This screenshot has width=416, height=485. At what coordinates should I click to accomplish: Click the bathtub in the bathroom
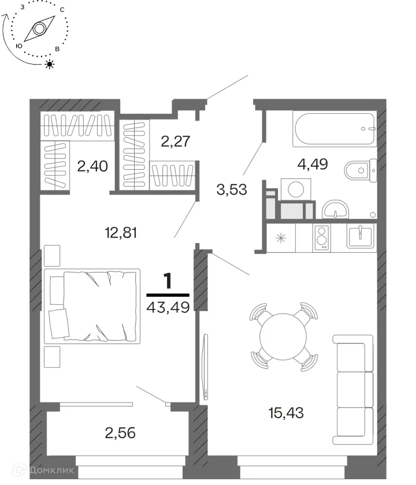tap(335, 129)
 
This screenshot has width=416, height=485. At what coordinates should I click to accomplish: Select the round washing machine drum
tap(296, 189)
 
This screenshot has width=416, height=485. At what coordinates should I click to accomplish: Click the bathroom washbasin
tap(336, 210)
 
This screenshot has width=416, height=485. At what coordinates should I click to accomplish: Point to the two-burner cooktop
tap(322, 237)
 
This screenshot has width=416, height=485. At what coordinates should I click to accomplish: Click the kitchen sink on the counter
tap(360, 236)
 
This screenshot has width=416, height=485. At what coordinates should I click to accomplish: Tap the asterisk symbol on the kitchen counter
tap(281, 238)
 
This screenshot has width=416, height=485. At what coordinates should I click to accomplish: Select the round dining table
tap(283, 337)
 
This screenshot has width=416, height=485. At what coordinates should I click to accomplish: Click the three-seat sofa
tap(353, 390)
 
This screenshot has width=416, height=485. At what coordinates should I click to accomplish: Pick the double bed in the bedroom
tap(92, 306)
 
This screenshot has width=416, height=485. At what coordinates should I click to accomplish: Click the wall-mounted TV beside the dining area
tap(205, 367)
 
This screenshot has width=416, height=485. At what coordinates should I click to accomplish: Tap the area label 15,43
tap(286, 413)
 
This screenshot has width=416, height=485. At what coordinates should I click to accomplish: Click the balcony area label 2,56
tap(120, 433)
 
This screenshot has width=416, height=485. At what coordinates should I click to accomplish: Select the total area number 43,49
tap(168, 307)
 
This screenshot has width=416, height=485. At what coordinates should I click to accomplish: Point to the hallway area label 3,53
tap(232, 189)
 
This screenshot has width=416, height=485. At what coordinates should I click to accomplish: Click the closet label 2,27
tap(176, 141)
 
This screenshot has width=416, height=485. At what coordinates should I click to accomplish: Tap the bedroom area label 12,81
tap(121, 233)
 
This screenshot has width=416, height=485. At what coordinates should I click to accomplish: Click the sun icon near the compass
tap(50, 64)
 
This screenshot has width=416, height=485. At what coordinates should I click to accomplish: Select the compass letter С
tap(62, 10)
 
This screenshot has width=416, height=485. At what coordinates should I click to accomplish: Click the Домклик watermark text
tap(51, 471)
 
